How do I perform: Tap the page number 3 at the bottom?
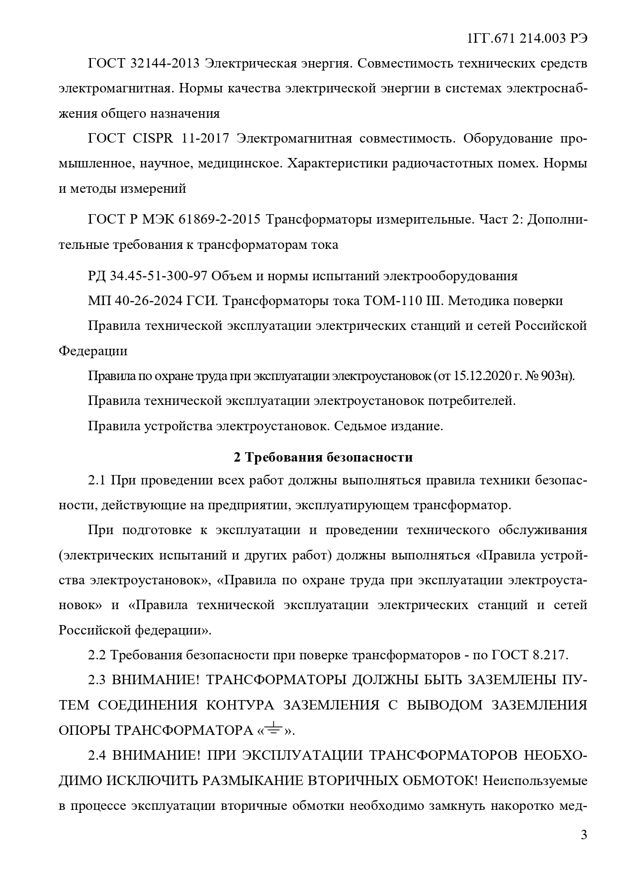[584, 834]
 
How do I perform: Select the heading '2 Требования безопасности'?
[323, 457]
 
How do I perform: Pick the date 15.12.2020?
[479, 376]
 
